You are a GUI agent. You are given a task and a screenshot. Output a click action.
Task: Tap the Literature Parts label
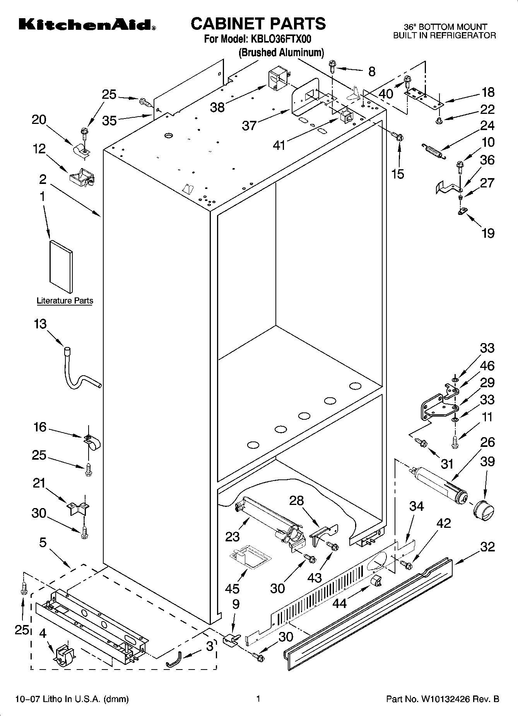tap(65, 300)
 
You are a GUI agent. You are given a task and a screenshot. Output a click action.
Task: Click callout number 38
tap(217, 107)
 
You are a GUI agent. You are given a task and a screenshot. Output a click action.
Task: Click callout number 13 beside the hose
tap(40, 324)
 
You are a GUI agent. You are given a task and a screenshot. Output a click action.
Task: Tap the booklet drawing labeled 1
tap(61, 266)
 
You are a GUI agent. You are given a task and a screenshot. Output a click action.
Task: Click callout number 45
tap(233, 589)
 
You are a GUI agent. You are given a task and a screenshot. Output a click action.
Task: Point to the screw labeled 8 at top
tap(333, 67)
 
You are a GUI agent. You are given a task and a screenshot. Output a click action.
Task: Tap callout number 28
tap(297, 501)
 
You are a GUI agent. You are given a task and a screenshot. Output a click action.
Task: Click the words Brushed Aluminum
tap(281, 53)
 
